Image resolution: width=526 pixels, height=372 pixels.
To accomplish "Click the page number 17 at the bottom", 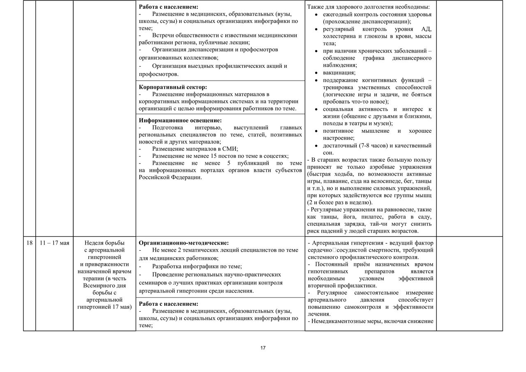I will click(263, 348).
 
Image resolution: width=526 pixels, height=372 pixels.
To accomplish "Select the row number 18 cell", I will click(29, 243).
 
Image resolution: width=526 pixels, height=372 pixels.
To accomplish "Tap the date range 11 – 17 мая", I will click(54, 243).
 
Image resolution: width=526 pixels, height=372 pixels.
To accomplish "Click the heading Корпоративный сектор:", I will click(173, 87).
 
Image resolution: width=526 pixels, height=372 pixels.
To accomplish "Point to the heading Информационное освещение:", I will click(180, 120).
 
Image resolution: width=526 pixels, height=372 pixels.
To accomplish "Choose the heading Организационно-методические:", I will click(184, 243).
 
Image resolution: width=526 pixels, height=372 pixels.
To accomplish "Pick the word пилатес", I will click(381, 217).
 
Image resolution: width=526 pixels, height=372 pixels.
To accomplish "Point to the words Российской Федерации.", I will click(170, 177).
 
